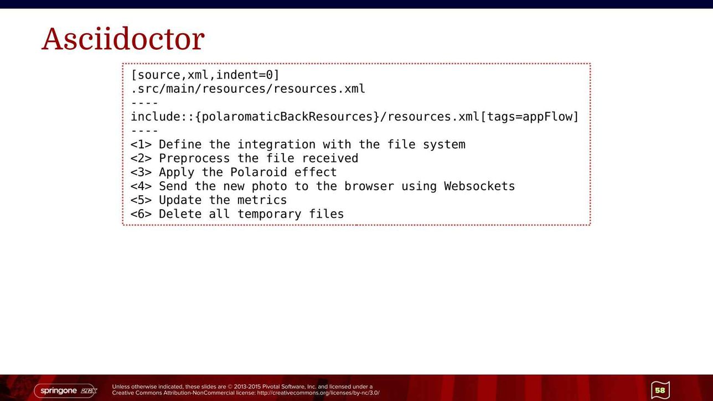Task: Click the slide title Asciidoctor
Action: [123, 39]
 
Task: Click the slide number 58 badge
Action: [660, 390]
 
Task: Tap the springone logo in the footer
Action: [65, 390]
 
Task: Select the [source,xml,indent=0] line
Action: [205, 75]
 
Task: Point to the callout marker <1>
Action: [141, 145]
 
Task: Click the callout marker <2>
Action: [141, 158]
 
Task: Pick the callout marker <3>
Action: [141, 173]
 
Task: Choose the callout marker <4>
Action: [141, 186]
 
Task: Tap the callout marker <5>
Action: [141, 200]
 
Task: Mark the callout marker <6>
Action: [141, 214]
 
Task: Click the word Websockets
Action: [479, 186]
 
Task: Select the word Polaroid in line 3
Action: [259, 173]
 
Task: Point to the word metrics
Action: [262, 200]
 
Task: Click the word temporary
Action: [269, 215]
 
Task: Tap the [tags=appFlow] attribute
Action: [529, 117]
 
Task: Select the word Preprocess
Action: [194, 159]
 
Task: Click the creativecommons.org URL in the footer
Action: [318, 393]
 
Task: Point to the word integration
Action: [276, 145]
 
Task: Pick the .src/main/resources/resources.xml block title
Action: [248, 88]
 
